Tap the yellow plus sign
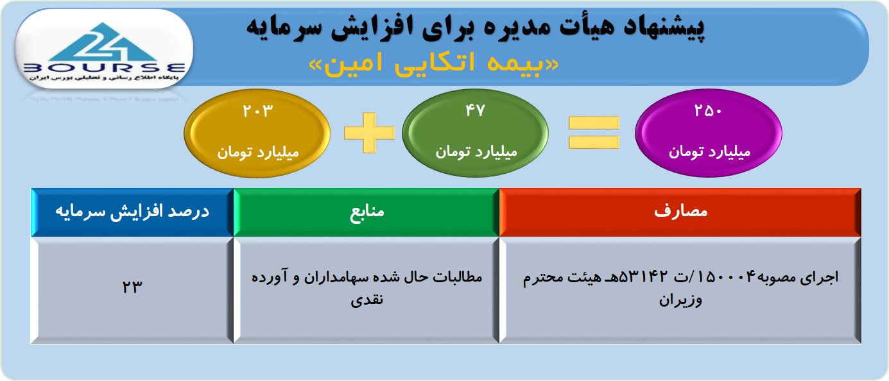[369, 132]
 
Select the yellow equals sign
[594, 132]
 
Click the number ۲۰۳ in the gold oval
[258, 110]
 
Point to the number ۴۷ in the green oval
[475, 110]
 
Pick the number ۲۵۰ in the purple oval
[708, 110]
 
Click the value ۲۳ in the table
[132, 286]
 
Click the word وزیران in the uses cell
[680, 300]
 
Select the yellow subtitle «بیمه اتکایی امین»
[434, 64]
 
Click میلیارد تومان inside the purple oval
[709, 152]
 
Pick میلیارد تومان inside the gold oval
[257, 153]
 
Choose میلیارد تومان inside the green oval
[476, 152]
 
